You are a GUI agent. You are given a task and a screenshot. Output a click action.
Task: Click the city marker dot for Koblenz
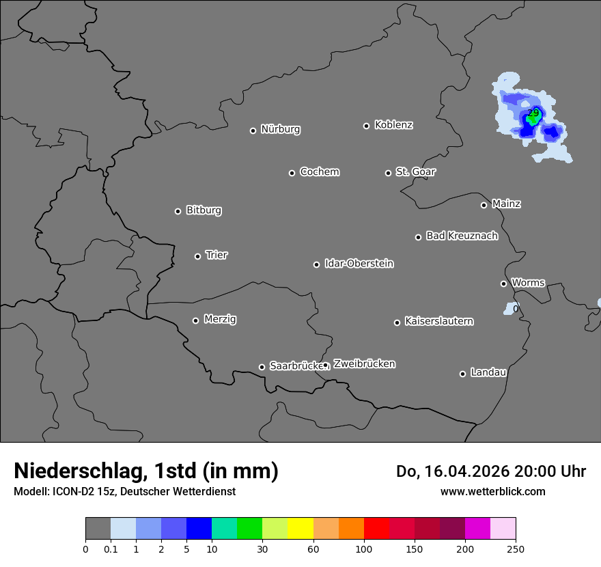pyautogui.click(x=366, y=126)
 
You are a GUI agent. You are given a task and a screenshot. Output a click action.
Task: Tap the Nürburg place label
pyautogui.click(x=280, y=129)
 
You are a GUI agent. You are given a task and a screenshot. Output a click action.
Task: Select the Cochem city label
pyautogui.click(x=319, y=171)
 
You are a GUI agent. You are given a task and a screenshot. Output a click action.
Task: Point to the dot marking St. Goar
pyautogui.click(x=388, y=173)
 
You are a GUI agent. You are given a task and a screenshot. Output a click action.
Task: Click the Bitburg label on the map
pyautogui.click(x=204, y=210)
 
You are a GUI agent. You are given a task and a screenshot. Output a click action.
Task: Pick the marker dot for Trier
pyautogui.click(x=198, y=256)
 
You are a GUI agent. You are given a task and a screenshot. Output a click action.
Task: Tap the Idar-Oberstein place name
pyautogui.click(x=359, y=263)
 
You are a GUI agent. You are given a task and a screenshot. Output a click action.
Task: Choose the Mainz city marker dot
pyautogui.click(x=484, y=205)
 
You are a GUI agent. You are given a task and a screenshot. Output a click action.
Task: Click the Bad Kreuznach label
pyautogui.click(x=462, y=236)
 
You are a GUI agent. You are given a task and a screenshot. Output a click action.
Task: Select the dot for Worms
pyautogui.click(x=503, y=283)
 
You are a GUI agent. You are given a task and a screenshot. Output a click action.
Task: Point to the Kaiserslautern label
pyautogui.click(x=438, y=321)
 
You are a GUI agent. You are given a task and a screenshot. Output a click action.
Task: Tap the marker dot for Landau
pyautogui.click(x=462, y=374)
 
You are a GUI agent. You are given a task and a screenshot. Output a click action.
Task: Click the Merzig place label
pyautogui.click(x=220, y=319)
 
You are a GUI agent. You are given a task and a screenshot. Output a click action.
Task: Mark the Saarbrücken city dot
pyautogui.click(x=262, y=367)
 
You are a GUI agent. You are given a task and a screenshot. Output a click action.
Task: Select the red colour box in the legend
pyautogui.click(x=376, y=529)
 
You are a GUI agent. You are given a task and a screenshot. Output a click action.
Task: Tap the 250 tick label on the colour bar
pyautogui.click(x=515, y=548)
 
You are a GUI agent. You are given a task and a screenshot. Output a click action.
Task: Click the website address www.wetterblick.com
pyautogui.click(x=492, y=491)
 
